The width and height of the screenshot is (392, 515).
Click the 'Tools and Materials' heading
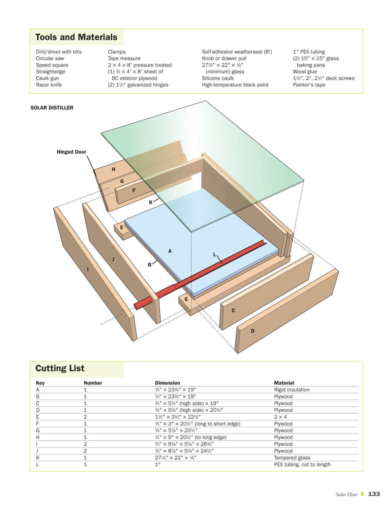click(76, 37)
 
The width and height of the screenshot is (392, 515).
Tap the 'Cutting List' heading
click(60, 368)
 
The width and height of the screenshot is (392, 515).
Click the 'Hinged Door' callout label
click(71, 152)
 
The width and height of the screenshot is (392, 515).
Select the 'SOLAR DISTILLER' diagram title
click(52, 108)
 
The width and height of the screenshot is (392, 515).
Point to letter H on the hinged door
click(113, 169)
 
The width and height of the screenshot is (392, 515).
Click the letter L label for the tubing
click(214, 255)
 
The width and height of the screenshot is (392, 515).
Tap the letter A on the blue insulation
click(170, 251)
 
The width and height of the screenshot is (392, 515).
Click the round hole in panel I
click(123, 312)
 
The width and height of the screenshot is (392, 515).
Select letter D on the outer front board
click(253, 331)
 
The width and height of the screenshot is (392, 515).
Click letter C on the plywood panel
click(233, 311)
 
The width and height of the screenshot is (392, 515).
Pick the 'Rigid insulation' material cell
click(292, 390)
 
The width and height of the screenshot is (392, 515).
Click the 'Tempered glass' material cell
click(292, 458)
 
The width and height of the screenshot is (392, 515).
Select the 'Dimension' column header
click(167, 383)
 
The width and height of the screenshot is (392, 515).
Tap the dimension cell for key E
click(178, 417)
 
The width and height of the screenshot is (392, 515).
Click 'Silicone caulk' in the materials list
click(218, 78)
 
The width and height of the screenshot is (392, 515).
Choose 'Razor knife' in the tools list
click(49, 85)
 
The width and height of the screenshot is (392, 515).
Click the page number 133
click(374, 494)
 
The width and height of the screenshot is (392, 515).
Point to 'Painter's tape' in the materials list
click(309, 85)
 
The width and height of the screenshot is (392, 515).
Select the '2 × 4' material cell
click(280, 417)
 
